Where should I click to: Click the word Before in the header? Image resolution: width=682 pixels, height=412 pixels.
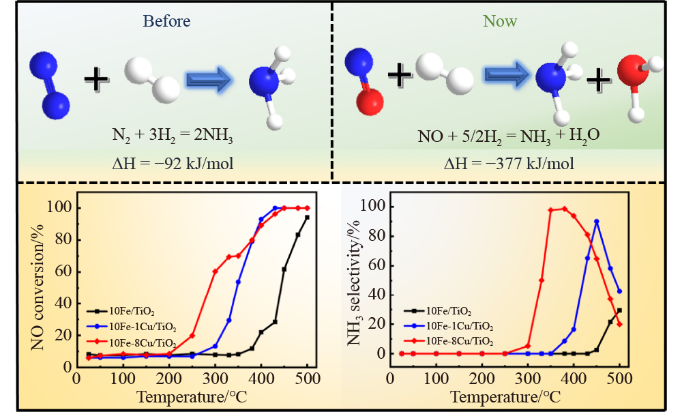166,21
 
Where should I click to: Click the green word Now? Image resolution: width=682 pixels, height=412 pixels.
500,21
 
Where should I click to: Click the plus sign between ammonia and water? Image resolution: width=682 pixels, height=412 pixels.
598,81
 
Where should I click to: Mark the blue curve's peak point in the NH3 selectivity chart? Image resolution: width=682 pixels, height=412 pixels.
597,221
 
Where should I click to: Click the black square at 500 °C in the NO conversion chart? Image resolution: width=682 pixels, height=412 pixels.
307,217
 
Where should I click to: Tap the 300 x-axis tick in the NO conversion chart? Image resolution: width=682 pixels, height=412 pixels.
215,378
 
